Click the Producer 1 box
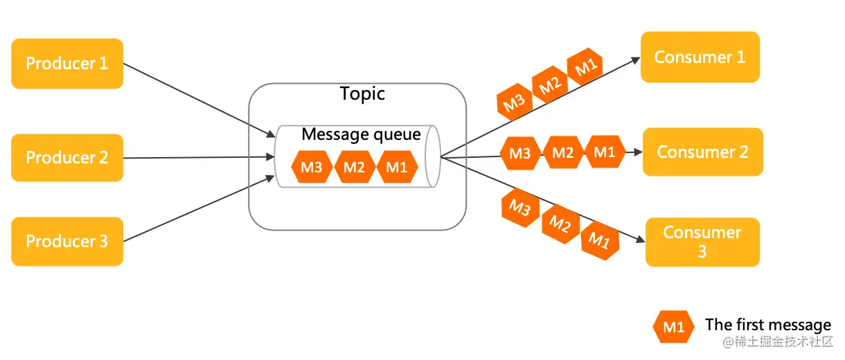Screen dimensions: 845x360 pos(67,63)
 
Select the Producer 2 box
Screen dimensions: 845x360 pos(67,158)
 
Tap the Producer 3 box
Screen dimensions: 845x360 pos(67,241)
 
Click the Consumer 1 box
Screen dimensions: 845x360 pos(700,57)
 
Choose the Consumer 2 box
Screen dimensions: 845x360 pos(703,152)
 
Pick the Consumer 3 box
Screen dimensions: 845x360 pos(702,242)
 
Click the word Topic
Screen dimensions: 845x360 pos(362,93)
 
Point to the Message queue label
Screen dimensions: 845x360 pos(361,134)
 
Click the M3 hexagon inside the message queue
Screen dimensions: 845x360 pos(312,167)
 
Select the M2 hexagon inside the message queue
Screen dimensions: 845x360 pos(354,167)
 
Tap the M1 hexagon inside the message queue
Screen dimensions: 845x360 pos(397,167)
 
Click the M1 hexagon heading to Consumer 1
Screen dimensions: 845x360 pos(585,66)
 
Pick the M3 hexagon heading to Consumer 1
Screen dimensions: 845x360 pos(515,102)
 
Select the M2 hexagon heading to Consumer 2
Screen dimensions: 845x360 pos(563,153)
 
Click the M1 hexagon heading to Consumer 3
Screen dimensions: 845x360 pos(600,240)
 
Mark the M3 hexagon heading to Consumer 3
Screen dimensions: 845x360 pos(520,207)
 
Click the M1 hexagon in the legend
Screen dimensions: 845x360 pos(674,327)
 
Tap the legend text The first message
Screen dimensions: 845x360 pos(768,325)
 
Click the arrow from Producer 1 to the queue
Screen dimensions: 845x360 pos(199,100)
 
